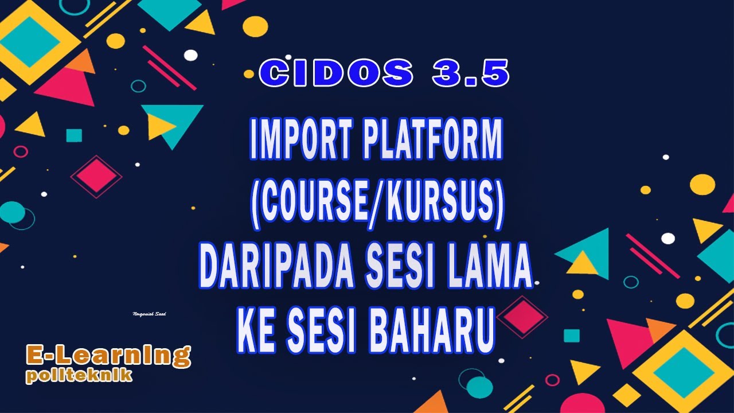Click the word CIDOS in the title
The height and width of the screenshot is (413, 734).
[335, 74]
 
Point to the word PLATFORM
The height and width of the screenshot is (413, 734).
[432, 141]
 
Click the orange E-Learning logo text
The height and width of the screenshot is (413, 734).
[108, 356]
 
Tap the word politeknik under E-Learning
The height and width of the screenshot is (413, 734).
[79, 376]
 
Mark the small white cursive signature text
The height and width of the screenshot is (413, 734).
[149, 314]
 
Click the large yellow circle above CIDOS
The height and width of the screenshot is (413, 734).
[255, 26]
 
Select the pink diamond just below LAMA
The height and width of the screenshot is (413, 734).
[522, 317]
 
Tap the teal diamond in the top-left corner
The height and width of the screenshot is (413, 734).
[36, 42]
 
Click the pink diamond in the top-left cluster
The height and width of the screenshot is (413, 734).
[96, 176]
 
